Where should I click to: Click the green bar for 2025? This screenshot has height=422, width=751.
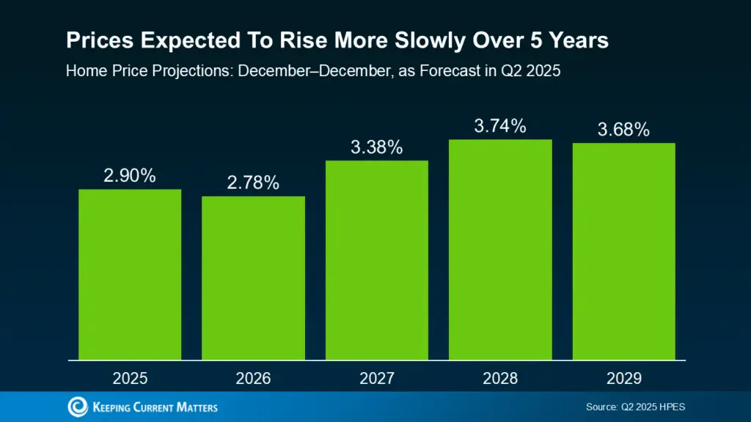point(130,275)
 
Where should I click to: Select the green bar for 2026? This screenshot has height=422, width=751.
point(253,278)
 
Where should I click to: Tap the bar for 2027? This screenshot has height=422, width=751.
point(377,260)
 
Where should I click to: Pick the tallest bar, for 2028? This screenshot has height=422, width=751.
point(500,250)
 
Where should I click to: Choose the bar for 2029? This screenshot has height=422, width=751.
point(623,251)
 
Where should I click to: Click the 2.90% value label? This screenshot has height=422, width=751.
point(130,177)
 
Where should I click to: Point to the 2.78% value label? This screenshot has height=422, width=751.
point(253,183)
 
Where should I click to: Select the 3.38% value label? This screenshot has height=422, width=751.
point(377,147)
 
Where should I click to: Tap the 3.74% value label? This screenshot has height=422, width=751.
point(500,126)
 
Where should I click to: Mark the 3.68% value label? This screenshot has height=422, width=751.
point(623,130)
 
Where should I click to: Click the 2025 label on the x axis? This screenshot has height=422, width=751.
point(130,378)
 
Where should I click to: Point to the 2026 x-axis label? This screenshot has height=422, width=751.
point(253,378)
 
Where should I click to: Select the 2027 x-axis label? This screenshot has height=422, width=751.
point(377,378)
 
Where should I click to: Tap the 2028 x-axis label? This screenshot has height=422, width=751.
point(500,378)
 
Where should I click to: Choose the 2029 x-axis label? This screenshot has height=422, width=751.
point(623,378)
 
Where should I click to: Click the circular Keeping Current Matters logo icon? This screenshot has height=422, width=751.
point(77,407)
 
